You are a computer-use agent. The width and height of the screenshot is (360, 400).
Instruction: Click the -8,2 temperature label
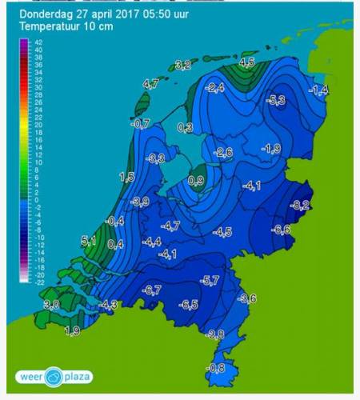pyautogui.click(x=301, y=206)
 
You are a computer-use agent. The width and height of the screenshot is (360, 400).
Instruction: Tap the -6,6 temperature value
pyautogui.click(x=282, y=230)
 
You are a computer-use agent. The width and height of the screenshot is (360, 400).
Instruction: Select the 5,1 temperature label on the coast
pyautogui.click(x=89, y=241)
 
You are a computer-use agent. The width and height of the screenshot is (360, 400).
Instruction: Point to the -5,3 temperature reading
pyautogui.click(x=277, y=100)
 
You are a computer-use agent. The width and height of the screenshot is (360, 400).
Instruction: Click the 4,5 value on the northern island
pyautogui.click(x=247, y=62)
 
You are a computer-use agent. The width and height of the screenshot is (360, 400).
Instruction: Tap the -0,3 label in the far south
pyautogui.click(x=216, y=368)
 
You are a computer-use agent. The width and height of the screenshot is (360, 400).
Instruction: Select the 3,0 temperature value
pyautogui.click(x=52, y=306)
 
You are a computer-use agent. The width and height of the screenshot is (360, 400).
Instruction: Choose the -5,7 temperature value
pyautogui.click(x=210, y=281)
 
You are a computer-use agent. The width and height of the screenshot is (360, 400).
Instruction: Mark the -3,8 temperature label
pyautogui.click(x=215, y=334)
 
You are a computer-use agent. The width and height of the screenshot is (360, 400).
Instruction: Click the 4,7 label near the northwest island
pyautogui.click(x=150, y=83)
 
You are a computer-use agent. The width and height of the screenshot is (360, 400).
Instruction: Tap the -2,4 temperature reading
pyautogui.click(x=215, y=88)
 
